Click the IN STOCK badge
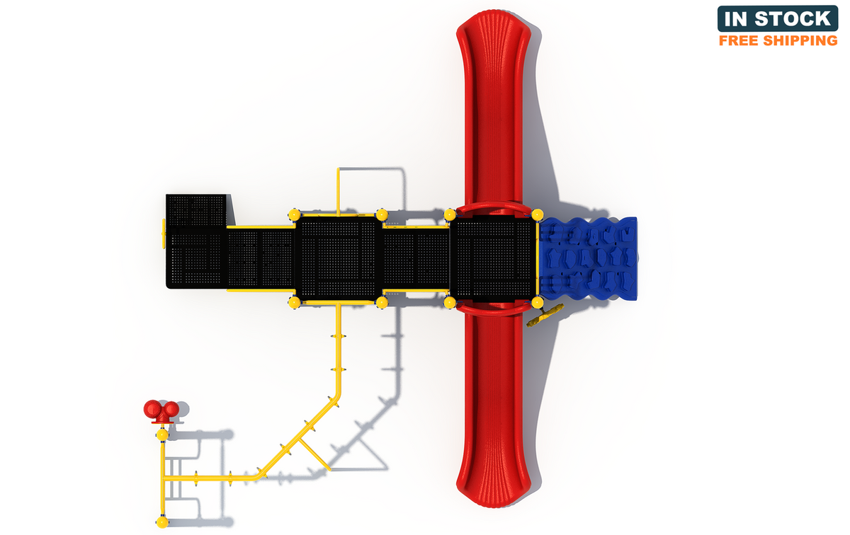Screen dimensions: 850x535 click(778, 18)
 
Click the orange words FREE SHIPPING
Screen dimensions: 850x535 click(778, 40)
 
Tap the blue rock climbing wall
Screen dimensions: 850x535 click(588, 258)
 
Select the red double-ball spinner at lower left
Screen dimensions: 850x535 click(161, 411)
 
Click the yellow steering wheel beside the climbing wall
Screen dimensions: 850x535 click(545, 315)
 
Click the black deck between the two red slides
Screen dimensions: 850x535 click(493, 258)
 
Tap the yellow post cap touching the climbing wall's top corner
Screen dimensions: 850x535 click(538, 214)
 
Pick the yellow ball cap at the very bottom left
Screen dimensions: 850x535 click(162, 522)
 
